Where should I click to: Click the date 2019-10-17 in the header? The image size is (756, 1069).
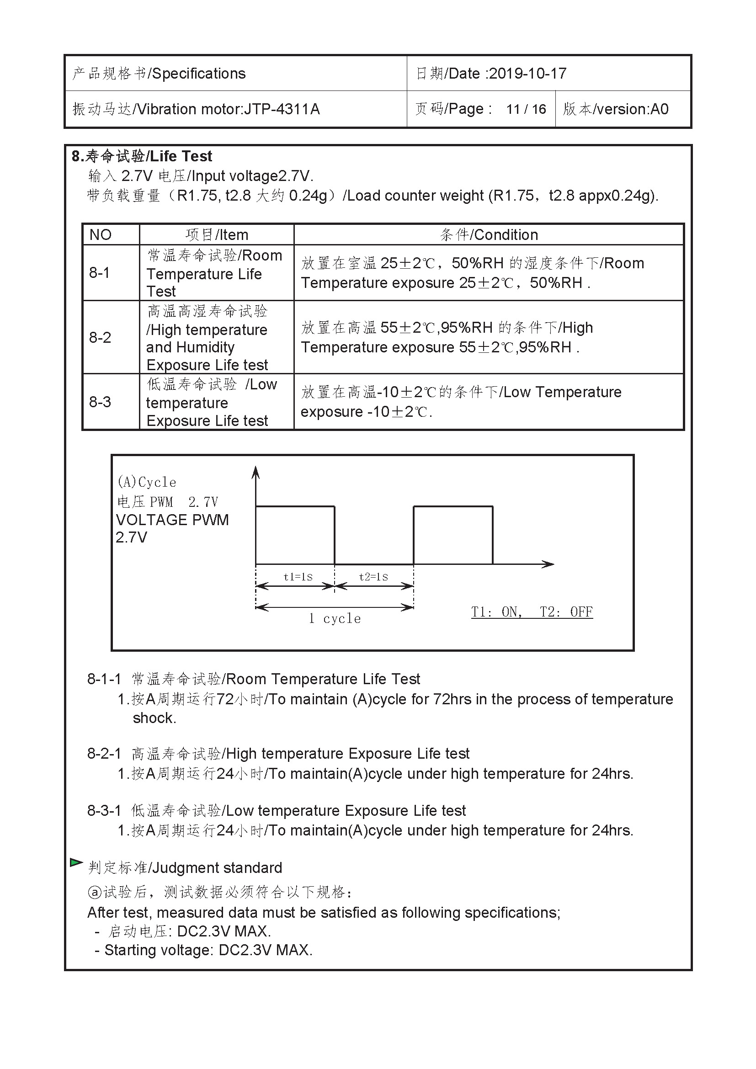tap(527, 74)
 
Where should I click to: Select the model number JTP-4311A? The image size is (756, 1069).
tap(282, 109)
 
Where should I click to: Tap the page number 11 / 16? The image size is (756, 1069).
tap(526, 109)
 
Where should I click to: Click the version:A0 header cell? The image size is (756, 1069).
tap(615, 109)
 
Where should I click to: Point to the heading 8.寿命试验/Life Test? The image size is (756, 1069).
tap(142, 156)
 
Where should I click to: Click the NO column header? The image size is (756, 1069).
tap(101, 234)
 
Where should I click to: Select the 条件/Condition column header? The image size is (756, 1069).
tap(489, 234)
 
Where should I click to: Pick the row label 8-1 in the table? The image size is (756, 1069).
tap(100, 273)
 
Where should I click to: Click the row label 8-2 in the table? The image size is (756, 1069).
tap(100, 337)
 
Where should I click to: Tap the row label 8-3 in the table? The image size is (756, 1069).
tap(100, 402)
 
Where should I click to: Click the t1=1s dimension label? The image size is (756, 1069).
tap(298, 577)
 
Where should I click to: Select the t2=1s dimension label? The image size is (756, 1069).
tap(373, 577)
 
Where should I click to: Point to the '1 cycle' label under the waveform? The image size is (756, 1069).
tap(335, 619)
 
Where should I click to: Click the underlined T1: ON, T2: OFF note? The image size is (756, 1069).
tap(532, 612)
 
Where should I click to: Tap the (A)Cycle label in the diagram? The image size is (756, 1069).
tap(147, 482)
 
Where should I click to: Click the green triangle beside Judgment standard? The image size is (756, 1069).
tap(76, 863)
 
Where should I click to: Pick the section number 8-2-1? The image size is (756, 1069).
tap(104, 753)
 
